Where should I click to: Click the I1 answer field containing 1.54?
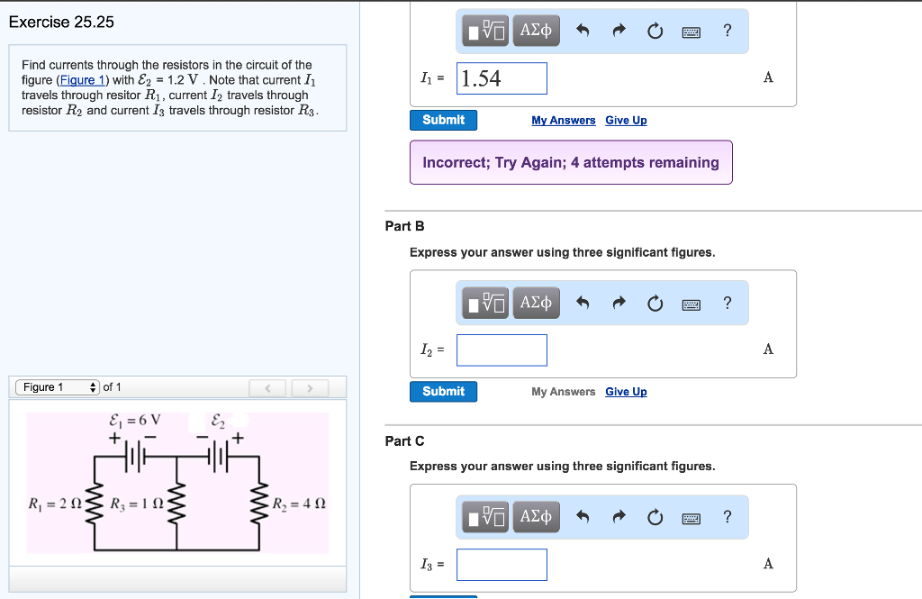point(502,78)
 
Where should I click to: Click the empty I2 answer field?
point(502,349)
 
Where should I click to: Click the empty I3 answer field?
point(502,564)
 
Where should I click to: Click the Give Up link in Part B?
point(626,392)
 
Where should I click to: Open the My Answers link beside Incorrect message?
point(563,121)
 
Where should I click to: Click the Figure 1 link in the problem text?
point(80,80)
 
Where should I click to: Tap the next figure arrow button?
point(309,388)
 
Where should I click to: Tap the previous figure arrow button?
point(267,388)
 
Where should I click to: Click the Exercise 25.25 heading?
point(61,23)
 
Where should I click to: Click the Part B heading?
point(404,226)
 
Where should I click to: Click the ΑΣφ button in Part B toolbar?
point(537,303)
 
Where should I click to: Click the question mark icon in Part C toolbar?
point(728,517)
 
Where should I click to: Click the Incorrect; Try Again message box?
point(571,162)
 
